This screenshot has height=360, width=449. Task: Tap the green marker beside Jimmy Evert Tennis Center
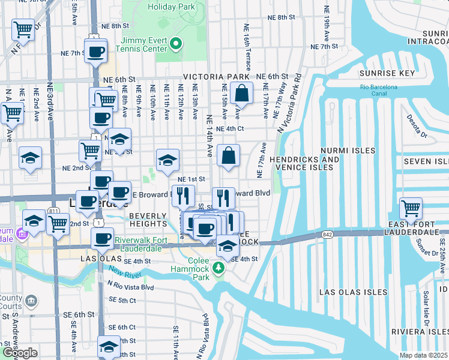(176, 43)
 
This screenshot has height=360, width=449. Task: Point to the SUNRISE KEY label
(387, 73)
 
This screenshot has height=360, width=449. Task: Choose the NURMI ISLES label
(348, 151)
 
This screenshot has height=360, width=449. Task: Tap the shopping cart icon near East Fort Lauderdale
(411, 209)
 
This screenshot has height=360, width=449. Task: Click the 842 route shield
(327, 234)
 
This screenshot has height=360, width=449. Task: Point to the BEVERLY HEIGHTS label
(148, 220)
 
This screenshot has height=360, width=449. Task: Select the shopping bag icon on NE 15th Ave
(241, 92)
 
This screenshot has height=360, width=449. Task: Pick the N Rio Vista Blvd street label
(131, 287)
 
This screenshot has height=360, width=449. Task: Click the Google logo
(19, 353)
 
